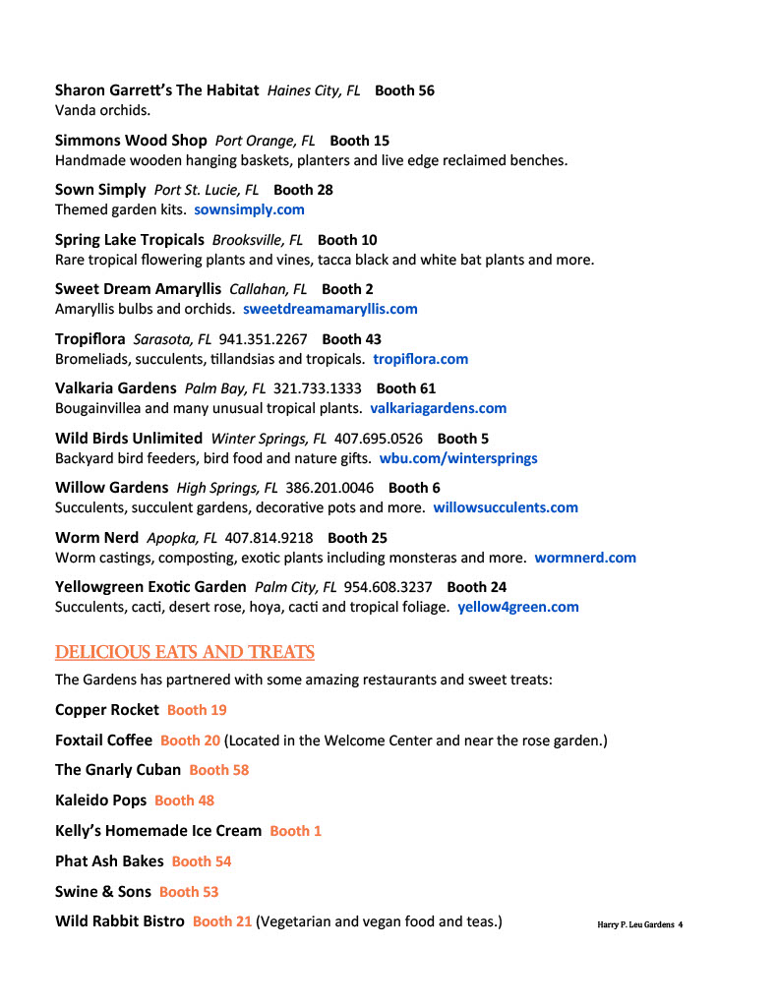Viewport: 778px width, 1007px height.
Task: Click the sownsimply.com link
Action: pyautogui.click(x=249, y=209)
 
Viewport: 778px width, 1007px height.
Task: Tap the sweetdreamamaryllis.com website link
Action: pyautogui.click(x=329, y=309)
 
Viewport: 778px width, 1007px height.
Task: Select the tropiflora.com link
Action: pyautogui.click(x=420, y=359)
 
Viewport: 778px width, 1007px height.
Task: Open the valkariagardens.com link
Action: pyautogui.click(x=438, y=408)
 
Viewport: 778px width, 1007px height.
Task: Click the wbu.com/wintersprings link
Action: pyautogui.click(x=458, y=458)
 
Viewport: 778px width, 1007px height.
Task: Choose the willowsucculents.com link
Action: pyautogui.click(x=506, y=507)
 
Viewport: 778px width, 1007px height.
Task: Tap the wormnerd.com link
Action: pyautogui.click(x=585, y=558)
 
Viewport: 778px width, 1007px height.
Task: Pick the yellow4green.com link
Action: pyautogui.click(x=518, y=607)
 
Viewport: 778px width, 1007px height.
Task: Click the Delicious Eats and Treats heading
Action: pyautogui.click(x=185, y=652)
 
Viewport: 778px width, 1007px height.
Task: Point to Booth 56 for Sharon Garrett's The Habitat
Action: pyautogui.click(x=404, y=90)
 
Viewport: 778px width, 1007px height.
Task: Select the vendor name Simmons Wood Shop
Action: pyautogui.click(x=131, y=141)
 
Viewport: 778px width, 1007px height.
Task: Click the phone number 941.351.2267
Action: pyautogui.click(x=263, y=339)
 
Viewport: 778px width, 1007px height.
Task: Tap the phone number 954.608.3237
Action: pyautogui.click(x=388, y=587)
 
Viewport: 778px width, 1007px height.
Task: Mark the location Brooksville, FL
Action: pyautogui.click(x=258, y=240)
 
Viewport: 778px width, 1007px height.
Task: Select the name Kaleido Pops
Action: pyautogui.click(x=100, y=800)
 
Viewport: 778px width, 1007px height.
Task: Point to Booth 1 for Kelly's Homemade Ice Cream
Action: pyautogui.click(x=295, y=831)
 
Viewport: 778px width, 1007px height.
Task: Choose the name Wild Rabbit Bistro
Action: pyautogui.click(x=119, y=921)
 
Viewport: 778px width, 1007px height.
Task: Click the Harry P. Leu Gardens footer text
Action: pyautogui.click(x=639, y=924)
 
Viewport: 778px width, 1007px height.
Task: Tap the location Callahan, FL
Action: pyautogui.click(x=268, y=289)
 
